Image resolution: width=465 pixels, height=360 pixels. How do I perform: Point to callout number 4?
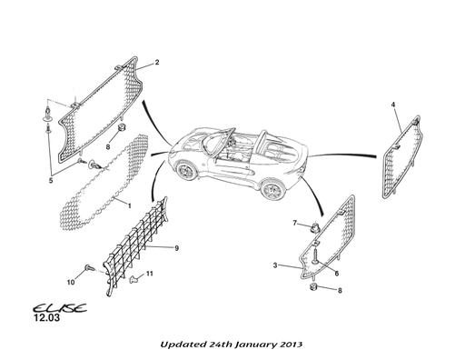(393, 105)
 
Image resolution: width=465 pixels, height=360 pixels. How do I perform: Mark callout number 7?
(294, 223)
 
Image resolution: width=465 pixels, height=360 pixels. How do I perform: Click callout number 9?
(176, 248)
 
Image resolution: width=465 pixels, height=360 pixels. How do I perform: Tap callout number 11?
(150, 274)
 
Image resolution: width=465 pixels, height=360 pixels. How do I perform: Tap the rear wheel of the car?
(269, 188)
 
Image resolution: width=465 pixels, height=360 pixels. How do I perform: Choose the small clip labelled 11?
(133, 276)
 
